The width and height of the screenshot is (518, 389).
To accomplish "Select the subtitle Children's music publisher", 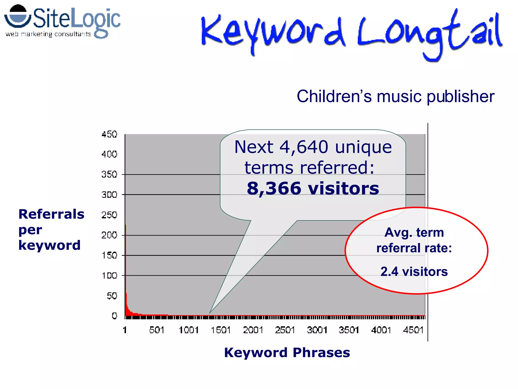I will click(x=395, y=96).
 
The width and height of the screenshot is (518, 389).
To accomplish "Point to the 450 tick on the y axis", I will click(x=109, y=134).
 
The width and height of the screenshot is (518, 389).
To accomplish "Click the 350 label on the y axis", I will click(x=109, y=174).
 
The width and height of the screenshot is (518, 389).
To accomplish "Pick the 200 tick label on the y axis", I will click(x=109, y=235).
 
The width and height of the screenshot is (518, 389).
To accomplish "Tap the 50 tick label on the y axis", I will click(x=112, y=296).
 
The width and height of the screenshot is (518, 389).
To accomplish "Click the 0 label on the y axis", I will click(x=114, y=316).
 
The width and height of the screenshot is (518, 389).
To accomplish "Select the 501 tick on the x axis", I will click(x=157, y=330).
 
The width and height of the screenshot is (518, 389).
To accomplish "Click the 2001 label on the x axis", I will click(x=253, y=330).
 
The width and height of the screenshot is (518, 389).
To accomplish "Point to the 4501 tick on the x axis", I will click(x=413, y=330).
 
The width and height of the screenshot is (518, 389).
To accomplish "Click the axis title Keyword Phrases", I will click(x=287, y=353).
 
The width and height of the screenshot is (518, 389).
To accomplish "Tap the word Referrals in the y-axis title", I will click(x=51, y=214).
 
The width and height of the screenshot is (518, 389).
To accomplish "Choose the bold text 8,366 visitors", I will click(x=313, y=188).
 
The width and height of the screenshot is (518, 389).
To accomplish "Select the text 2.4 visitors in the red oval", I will click(x=414, y=271).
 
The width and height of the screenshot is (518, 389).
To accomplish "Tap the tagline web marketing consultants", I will click(x=48, y=34).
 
